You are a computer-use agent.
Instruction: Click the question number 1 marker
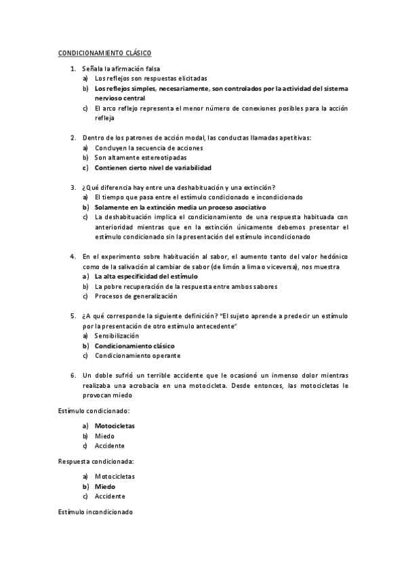coord(73,68)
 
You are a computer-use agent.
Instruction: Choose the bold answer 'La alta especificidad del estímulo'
coord(146,277)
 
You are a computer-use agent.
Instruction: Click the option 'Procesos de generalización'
coord(136,296)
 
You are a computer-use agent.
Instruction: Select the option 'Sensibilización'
coord(117,336)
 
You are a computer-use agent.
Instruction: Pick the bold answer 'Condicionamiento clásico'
coord(134,346)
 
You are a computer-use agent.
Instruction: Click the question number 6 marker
coord(73,375)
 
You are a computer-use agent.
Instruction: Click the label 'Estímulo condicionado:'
coord(94,411)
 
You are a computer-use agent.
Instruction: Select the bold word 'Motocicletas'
coord(115,426)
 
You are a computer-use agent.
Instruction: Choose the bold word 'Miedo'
coord(105,486)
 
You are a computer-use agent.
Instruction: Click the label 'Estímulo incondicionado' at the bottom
coord(95,511)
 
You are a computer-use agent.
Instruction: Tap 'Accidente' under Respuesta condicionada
coord(110,496)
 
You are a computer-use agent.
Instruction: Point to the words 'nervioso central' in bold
coord(120,98)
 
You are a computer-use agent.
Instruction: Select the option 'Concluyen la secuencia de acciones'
coord(148,147)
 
